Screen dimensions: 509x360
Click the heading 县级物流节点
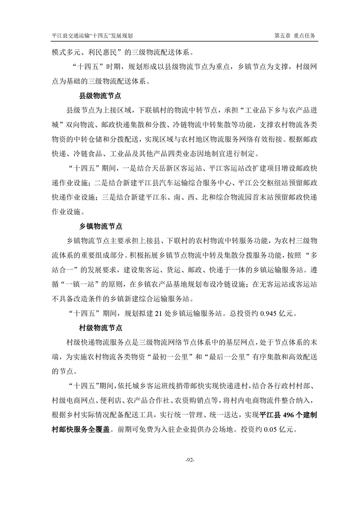[x=100, y=96]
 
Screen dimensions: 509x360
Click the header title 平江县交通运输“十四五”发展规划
[x=95, y=35]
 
